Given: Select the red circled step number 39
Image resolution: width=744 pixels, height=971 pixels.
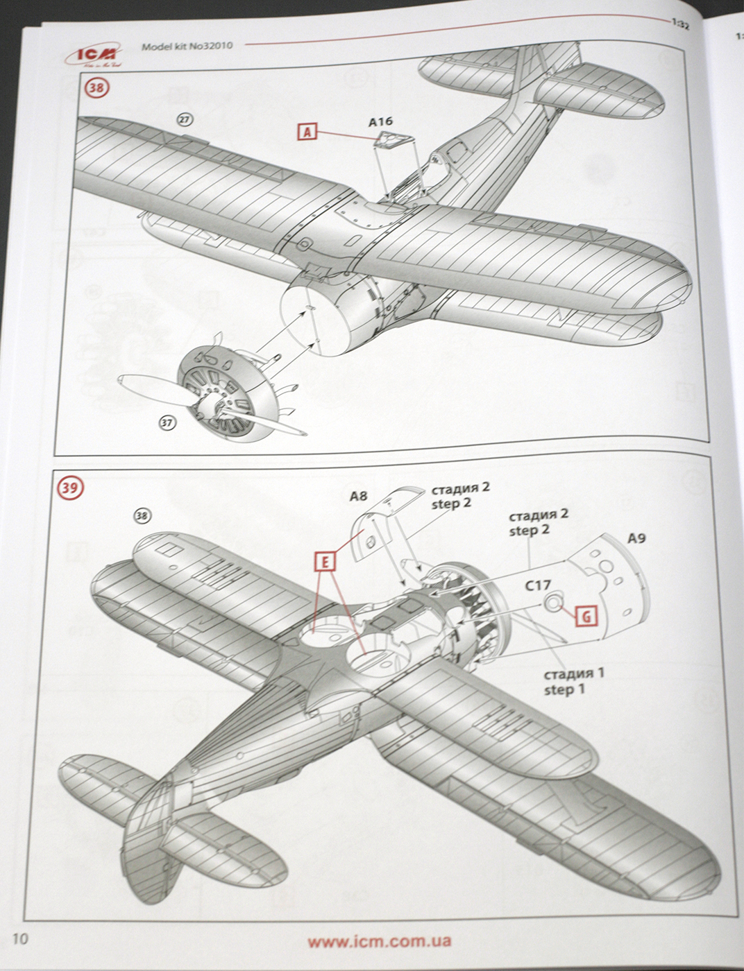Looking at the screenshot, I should tap(69, 488).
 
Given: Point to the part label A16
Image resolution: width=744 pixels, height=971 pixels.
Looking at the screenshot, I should tap(380, 122).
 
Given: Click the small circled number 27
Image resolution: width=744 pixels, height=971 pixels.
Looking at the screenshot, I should tap(184, 119).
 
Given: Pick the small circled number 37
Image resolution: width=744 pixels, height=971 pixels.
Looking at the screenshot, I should tap(167, 421).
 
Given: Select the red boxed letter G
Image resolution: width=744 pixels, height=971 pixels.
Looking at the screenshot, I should tap(586, 615).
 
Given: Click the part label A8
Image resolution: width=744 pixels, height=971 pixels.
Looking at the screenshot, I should tap(358, 496).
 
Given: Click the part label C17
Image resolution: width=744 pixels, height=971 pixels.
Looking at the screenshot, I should tap(537, 585).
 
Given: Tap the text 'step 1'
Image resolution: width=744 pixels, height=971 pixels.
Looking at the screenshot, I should tap(564, 689).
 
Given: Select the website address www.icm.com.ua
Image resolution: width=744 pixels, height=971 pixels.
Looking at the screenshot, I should tap(379, 941).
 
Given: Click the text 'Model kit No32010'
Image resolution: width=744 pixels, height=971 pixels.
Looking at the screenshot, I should tap(187, 46).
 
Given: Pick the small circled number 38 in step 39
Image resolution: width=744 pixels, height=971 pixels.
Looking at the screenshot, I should tap(142, 516).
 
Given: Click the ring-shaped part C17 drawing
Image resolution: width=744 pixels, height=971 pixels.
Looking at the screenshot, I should tap(553, 603).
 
